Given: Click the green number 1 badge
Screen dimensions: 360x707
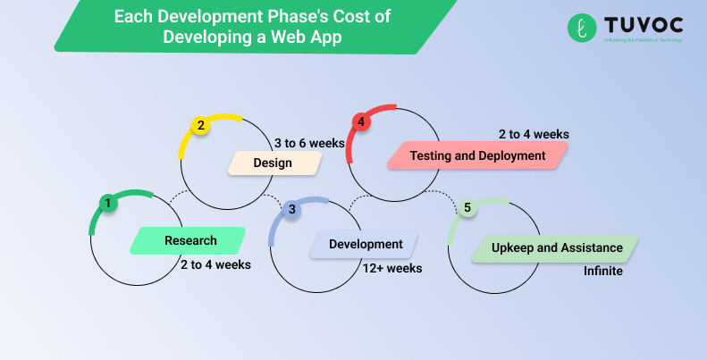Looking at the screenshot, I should tap(107, 204).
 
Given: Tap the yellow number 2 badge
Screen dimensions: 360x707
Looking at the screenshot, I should tap(201, 126).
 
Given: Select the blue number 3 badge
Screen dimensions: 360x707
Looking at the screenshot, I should tap(291, 210).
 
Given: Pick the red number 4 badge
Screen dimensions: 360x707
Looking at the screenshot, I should tap(360, 121).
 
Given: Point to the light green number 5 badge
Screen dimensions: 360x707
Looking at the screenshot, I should tap(467, 207).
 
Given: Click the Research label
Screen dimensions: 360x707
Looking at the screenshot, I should tap(189, 240).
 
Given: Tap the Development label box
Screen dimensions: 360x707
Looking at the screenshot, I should tap(365, 244).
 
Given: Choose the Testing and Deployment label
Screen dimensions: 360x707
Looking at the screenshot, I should tap(476, 155).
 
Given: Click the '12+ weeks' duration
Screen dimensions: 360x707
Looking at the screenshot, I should tap(392, 267).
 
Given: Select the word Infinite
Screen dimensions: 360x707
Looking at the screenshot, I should tap(603, 271).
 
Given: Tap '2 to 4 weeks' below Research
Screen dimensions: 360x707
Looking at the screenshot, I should tap(215, 264).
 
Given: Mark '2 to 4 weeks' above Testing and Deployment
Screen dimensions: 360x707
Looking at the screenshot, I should tap(534, 134).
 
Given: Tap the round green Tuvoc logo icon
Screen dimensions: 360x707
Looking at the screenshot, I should tap(582, 27).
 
